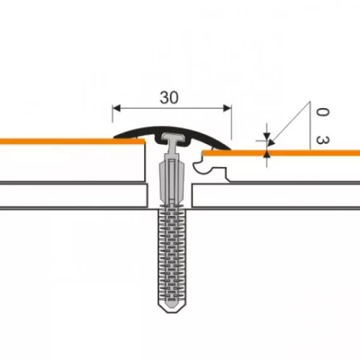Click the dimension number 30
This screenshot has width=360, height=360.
click(169, 97)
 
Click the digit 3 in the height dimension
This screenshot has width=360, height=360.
click(322, 139)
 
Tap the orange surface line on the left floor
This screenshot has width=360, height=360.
click(63, 141)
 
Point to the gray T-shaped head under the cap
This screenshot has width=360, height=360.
click(172, 138)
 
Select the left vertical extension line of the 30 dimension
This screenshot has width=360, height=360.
click(112, 120)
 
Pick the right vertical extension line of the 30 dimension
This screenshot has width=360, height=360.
click(231, 123)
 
